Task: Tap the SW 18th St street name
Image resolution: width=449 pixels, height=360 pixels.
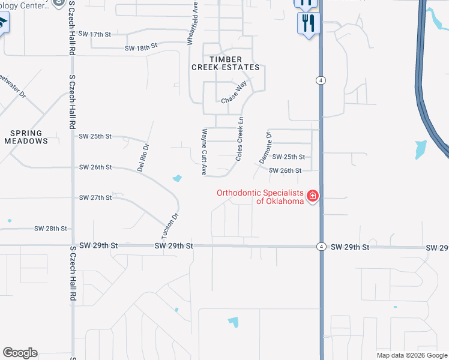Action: coord(140,46)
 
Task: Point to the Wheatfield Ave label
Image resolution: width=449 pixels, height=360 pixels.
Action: coord(191,22)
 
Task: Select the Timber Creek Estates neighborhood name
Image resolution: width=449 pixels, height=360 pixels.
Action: coord(225,63)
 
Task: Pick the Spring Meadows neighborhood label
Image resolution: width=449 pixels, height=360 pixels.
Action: coord(26,137)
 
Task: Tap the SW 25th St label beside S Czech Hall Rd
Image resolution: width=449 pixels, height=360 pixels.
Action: coord(95,136)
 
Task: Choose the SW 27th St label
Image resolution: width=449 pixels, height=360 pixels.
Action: coord(95,197)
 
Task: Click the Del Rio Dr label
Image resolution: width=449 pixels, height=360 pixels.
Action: coord(143,158)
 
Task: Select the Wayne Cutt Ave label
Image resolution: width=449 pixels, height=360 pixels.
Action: coord(204,152)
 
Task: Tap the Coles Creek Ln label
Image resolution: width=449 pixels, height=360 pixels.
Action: coord(240,139)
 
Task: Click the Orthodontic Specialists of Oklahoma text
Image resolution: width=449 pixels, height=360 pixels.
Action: coord(261,197)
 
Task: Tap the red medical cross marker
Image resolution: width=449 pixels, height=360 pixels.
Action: coord(312,196)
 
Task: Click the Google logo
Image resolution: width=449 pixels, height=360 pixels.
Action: coord(20,353)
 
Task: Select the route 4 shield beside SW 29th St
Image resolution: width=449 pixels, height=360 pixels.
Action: coord(321,247)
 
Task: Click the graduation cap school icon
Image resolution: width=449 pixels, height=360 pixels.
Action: coord(2,23)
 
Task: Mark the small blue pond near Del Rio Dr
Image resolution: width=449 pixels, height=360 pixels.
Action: coord(177,178)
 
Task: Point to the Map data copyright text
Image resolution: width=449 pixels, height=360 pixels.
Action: coord(411,355)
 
